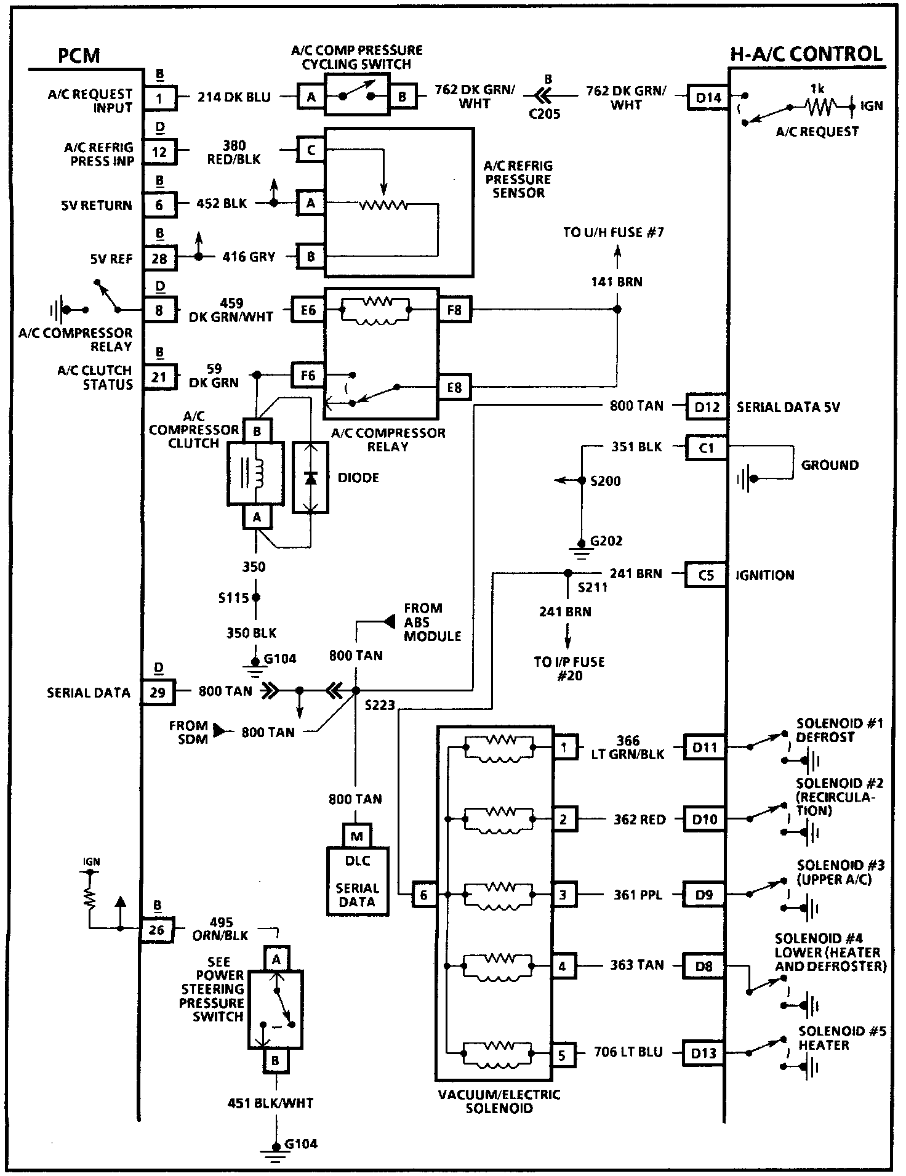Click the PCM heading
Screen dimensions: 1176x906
pos(79,55)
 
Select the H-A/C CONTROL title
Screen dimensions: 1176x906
pos(806,54)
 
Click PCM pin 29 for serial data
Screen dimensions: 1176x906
pos(158,692)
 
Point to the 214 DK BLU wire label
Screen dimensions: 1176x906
pos(234,97)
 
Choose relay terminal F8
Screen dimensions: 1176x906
pos(454,310)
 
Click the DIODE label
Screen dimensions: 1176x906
pos(358,478)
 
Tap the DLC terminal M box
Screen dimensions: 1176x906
pos(357,836)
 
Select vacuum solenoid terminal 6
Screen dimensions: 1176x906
pos(423,895)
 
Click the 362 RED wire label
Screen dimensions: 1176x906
pos(639,820)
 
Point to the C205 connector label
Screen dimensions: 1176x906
pos(544,114)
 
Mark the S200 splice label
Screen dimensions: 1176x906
pos(606,481)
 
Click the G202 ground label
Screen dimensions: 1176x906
pos(606,541)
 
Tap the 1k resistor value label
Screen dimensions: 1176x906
pos(817,89)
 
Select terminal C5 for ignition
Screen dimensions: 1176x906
pos(705,575)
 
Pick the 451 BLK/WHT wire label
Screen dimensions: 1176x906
pos(270,1103)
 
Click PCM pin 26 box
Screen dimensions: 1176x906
pos(157,929)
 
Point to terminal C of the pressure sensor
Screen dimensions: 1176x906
pos(311,150)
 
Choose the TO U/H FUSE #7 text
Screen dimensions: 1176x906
pos(613,233)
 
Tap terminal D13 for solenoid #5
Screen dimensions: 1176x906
pos(703,1053)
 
